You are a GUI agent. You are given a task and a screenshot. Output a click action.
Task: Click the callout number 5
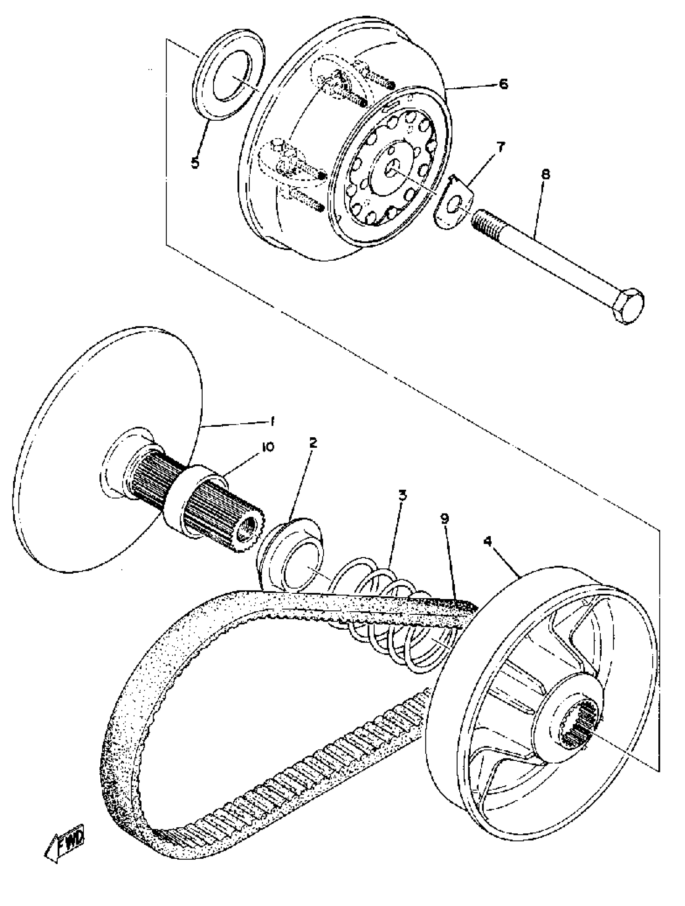[x=195, y=163]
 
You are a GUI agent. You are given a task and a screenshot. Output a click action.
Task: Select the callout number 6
[x=503, y=84]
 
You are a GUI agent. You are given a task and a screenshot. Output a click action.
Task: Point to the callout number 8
[x=546, y=174]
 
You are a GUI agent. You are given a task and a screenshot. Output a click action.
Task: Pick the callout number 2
[x=313, y=443]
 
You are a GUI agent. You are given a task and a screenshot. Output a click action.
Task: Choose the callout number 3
[x=403, y=495]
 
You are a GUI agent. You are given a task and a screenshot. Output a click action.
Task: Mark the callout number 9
[x=445, y=518]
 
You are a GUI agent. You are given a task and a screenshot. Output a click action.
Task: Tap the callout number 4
[x=487, y=541]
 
